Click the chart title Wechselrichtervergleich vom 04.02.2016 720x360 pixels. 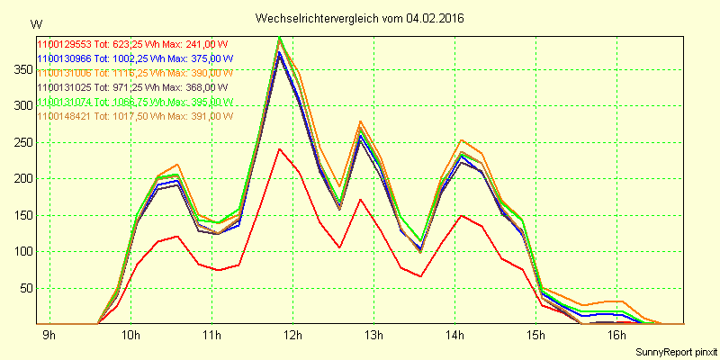click(359, 18)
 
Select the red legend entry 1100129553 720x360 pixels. click(133, 43)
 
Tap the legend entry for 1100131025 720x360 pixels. click(133, 87)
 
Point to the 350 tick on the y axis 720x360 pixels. click(19, 69)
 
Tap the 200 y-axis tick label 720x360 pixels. click(19, 178)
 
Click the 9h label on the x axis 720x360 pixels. click(49, 336)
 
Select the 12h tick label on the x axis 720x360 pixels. click(292, 336)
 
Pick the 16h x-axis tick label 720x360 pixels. click(616, 336)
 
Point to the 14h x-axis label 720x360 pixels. click(454, 336)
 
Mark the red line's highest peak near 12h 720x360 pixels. click(280, 149)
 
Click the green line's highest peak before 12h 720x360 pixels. click(280, 38)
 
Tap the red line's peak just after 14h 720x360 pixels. click(462, 216)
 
